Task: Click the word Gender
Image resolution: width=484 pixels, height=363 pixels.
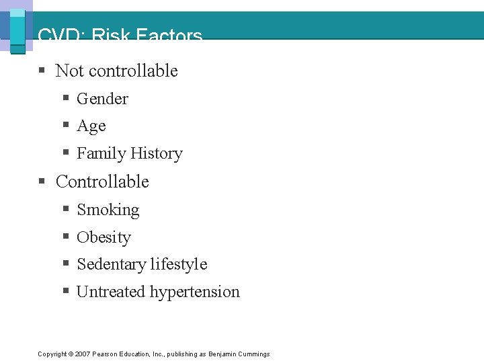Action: point(102,99)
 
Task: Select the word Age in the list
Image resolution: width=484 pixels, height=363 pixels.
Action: point(91,126)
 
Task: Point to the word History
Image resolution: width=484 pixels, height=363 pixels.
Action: point(156,154)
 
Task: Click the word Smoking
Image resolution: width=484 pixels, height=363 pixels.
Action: point(108,210)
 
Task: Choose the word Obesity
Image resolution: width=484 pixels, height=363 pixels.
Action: point(104,237)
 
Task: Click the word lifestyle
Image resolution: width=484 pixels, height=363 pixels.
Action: point(180,265)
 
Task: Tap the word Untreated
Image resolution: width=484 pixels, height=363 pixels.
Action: point(111,292)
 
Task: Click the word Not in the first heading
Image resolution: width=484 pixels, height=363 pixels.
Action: point(69,71)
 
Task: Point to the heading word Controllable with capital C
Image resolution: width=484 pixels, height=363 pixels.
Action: point(102,182)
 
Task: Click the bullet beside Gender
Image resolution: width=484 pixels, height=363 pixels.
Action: point(66,98)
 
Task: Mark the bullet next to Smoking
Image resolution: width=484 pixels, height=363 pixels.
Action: point(66,209)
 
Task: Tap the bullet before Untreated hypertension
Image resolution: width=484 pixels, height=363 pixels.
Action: point(66,291)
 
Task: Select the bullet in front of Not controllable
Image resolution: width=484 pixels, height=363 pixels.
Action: point(42,70)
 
